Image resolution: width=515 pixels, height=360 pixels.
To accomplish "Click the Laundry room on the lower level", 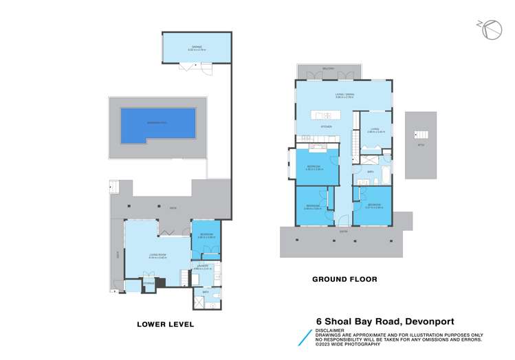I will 204,269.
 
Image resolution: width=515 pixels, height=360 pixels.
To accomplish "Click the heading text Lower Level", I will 166,324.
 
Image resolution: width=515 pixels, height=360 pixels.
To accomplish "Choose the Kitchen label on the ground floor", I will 327,128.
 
